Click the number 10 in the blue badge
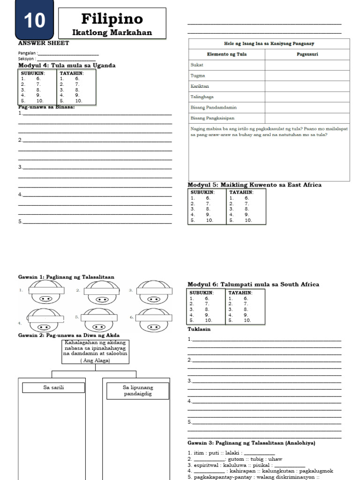[34, 21]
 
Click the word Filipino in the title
[112, 19]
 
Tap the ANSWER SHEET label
[44, 43]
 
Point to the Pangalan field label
[27, 53]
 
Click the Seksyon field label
[27, 59]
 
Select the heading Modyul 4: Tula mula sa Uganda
[67, 65]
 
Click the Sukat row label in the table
[197, 65]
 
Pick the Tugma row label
[198, 76]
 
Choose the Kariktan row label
[200, 86]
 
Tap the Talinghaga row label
[202, 97]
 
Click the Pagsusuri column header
[307, 54]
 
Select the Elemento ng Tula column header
[227, 54]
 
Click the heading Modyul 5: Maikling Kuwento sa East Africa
[255, 185]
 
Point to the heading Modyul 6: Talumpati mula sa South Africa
[253, 284]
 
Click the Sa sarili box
[53, 388]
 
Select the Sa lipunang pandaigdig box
[138, 390]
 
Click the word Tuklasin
[199, 329]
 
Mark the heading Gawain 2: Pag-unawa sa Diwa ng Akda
[69, 335]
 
